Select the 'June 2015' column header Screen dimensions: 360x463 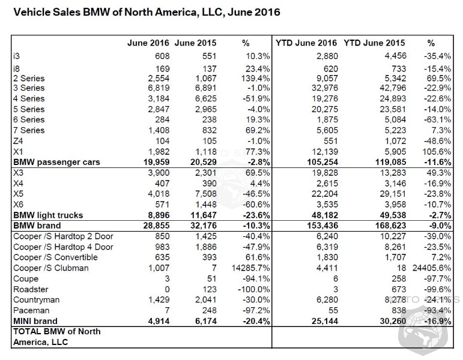coord(195,44)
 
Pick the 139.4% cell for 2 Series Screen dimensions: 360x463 coord(237,79)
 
